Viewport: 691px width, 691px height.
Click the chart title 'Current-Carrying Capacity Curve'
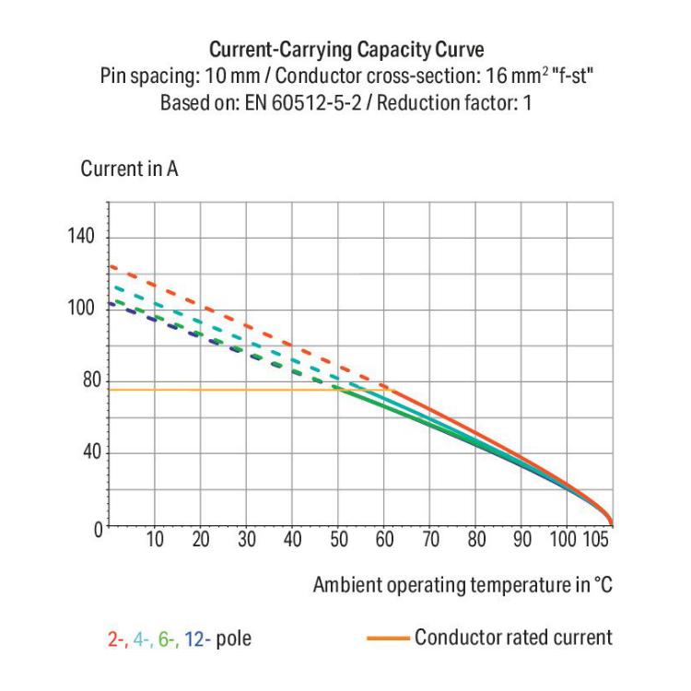[345, 49]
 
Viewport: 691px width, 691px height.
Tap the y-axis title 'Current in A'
[129, 169]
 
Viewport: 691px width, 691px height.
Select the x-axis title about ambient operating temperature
[463, 584]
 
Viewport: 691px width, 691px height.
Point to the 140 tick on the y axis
[81, 237]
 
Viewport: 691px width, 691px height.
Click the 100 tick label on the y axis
[81, 309]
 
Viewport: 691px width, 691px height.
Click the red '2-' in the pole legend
[116, 638]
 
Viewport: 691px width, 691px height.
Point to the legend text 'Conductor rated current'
[512, 638]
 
